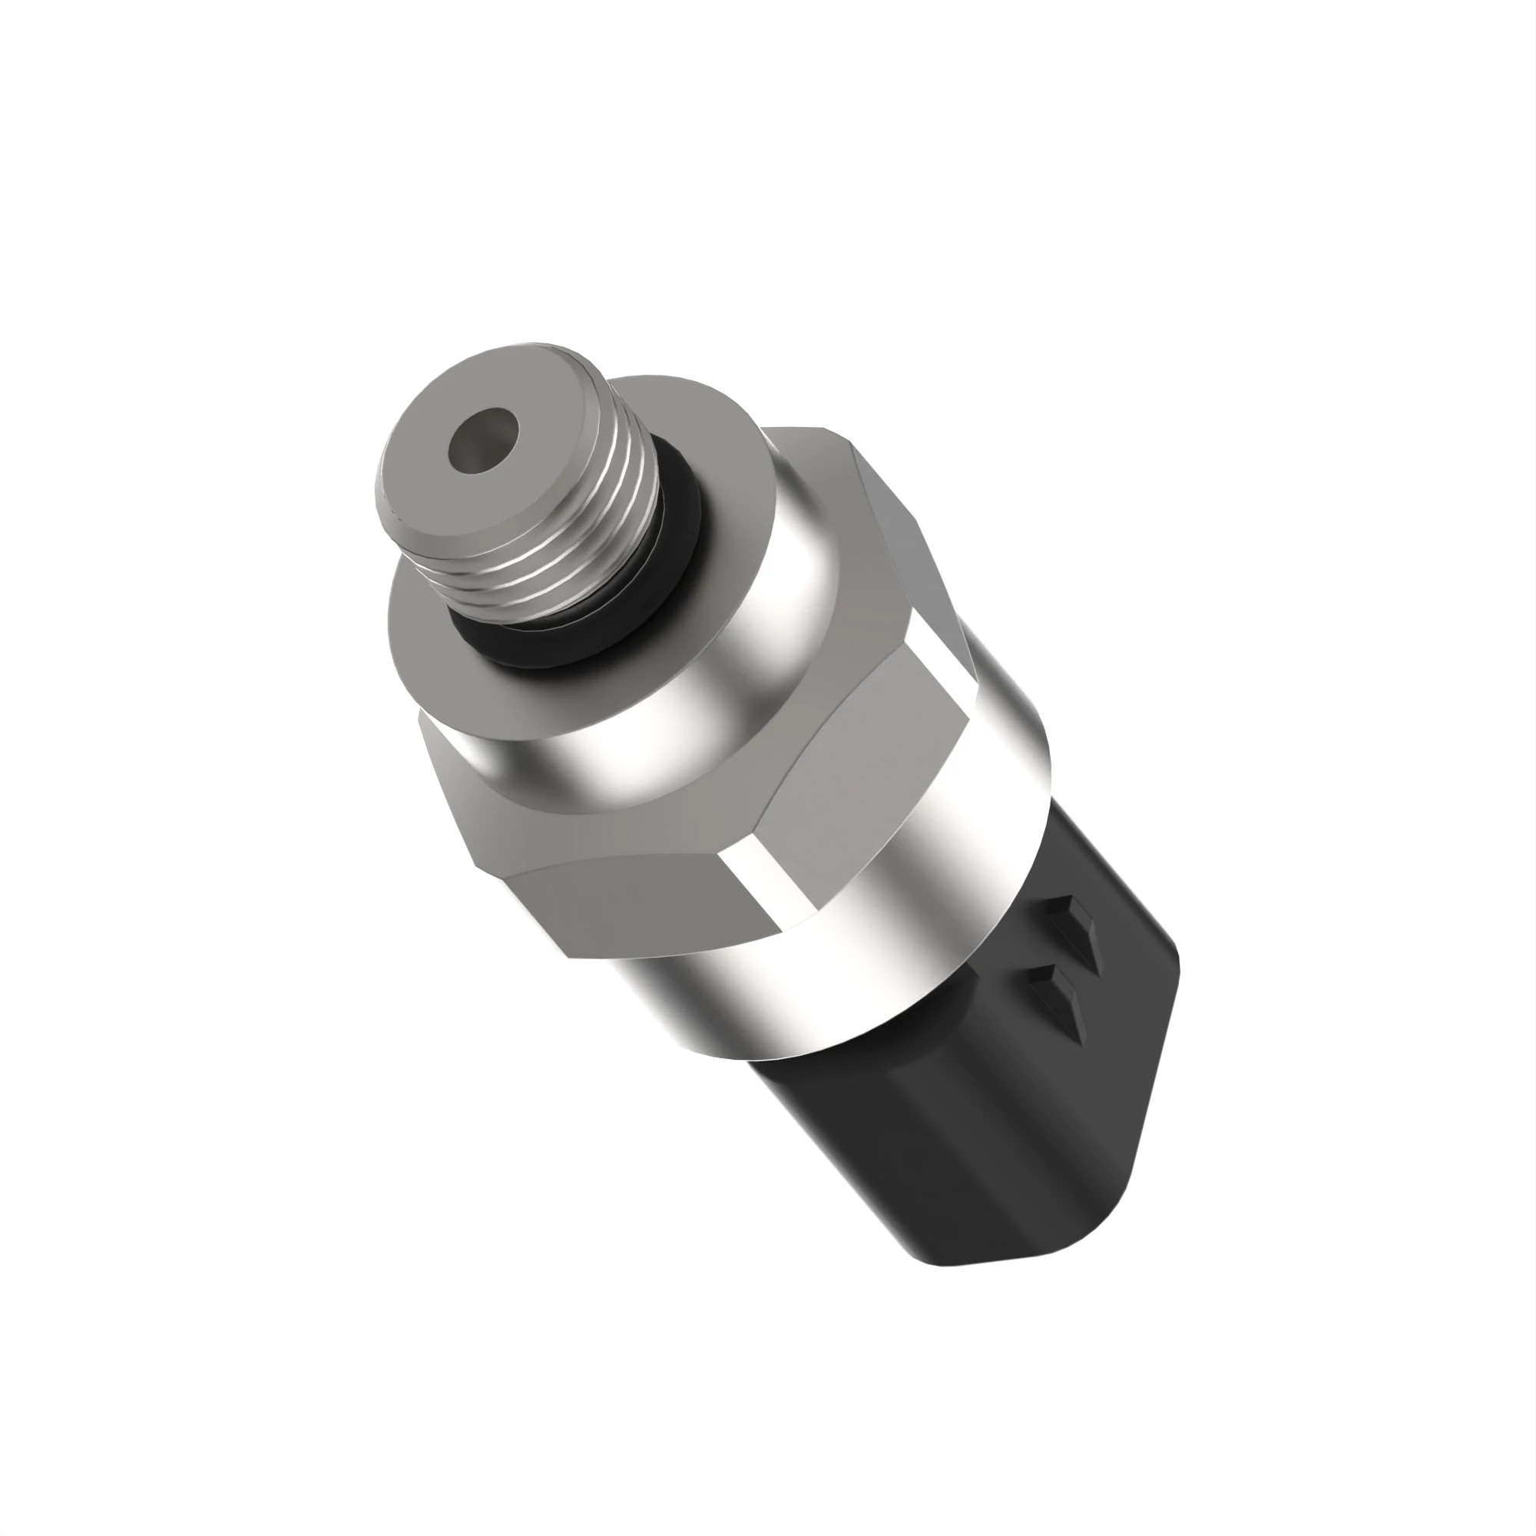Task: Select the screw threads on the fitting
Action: point(604,517)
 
